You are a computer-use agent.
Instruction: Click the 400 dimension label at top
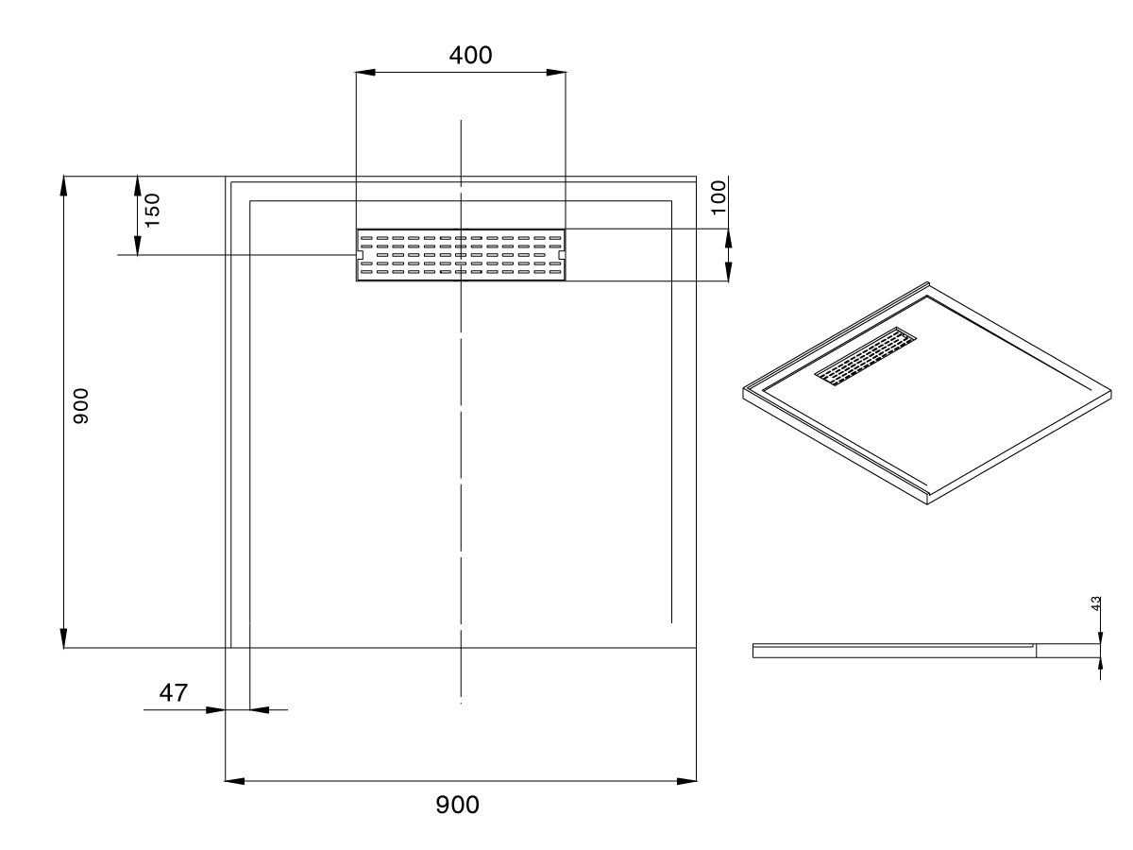[470, 56]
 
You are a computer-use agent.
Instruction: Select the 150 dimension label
[152, 209]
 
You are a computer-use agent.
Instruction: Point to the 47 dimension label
[172, 693]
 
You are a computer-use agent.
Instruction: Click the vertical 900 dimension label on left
[81, 405]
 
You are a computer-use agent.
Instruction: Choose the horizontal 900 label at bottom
[457, 805]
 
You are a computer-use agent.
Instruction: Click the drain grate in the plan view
[461, 255]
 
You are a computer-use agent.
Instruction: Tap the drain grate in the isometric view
[866, 358]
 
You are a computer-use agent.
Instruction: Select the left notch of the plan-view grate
[360, 255]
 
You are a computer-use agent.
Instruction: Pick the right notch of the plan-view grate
[562, 255]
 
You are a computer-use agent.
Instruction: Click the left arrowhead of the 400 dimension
[363, 73]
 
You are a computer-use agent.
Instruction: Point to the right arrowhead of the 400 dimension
[558, 73]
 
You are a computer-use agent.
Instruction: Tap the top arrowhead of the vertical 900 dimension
[64, 183]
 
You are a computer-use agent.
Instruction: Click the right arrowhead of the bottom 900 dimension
[688, 781]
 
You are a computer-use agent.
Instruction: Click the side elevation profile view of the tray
[925, 650]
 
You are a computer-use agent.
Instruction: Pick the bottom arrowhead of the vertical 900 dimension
[64, 640]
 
